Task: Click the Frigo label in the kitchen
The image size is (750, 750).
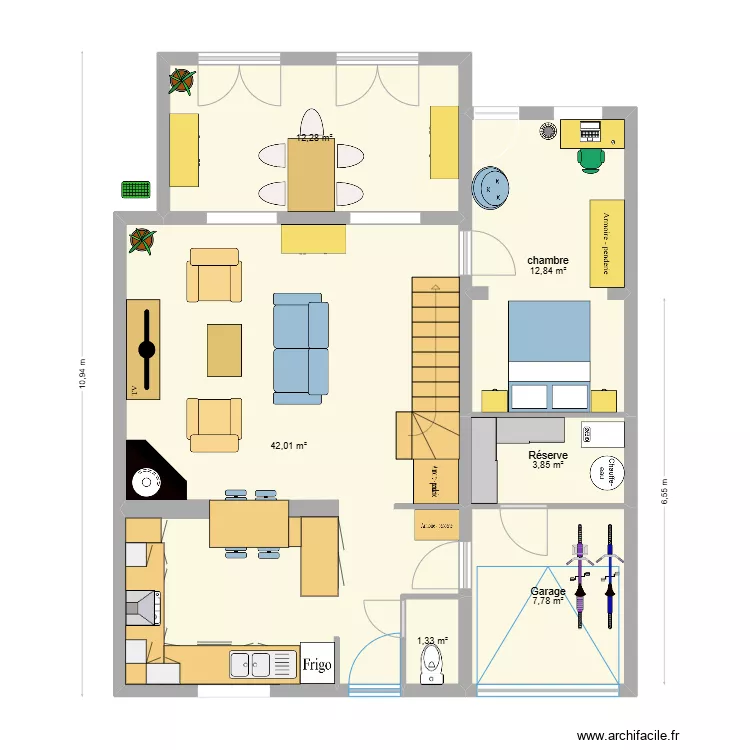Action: (317, 663)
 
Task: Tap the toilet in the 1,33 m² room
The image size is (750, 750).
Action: (432, 663)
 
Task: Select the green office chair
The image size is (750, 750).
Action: (591, 157)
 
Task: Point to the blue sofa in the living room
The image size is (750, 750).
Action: (301, 348)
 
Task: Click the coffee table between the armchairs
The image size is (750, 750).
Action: (224, 350)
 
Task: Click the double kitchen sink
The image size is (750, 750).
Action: (250, 664)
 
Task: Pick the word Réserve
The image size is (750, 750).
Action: (548, 455)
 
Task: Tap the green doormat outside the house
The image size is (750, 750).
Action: (135, 188)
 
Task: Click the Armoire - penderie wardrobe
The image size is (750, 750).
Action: (606, 243)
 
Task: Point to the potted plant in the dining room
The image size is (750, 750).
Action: (182, 81)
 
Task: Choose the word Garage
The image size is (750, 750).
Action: (548, 591)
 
